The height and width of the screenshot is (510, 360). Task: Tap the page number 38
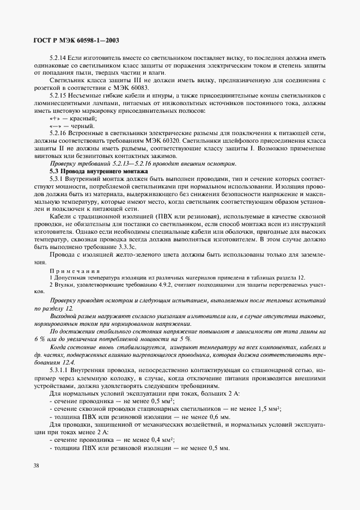tap(36, 466)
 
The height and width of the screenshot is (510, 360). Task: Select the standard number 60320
tap(178, 140)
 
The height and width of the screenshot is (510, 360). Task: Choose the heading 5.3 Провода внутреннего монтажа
tap(96, 171)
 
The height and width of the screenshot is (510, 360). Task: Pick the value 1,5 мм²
tap(268, 408)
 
